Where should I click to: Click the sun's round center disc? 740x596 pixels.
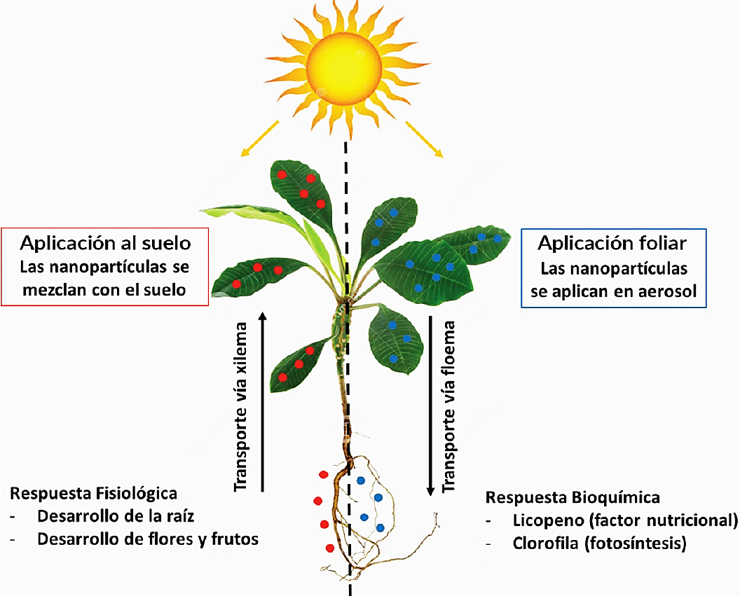pos(345,63)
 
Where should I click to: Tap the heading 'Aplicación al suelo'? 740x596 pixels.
pos(105,243)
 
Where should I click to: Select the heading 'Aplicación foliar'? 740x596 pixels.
pos(612,243)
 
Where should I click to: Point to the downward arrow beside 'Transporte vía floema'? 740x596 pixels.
pos(430,406)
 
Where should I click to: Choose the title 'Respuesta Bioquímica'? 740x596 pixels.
pos(573,497)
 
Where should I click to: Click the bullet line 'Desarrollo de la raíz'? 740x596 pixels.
pos(115,516)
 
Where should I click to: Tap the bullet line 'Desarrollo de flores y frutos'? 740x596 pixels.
pos(148,539)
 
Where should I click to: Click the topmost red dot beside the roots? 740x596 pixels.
pos(323,475)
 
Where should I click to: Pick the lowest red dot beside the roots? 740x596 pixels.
pos(329,548)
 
